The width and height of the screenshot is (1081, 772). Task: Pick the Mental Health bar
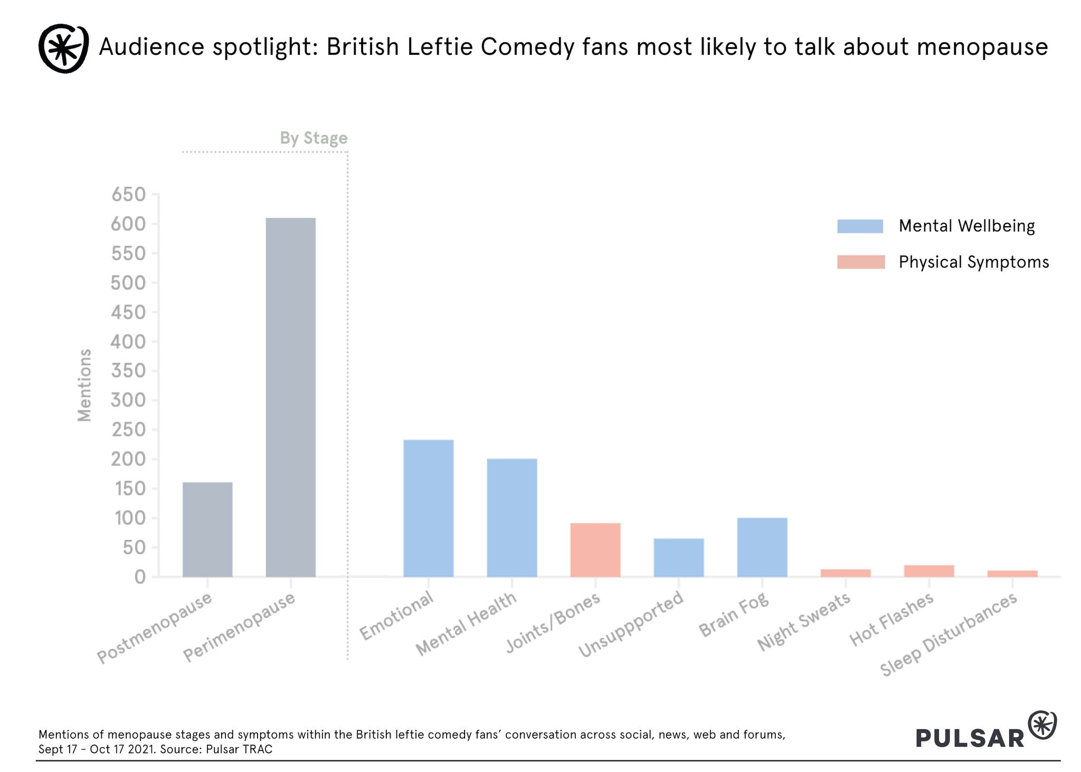(x=511, y=518)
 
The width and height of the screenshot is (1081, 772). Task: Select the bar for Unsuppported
(x=678, y=557)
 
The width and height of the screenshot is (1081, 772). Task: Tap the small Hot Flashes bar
(x=928, y=571)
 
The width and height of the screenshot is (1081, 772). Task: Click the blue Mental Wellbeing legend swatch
(x=860, y=226)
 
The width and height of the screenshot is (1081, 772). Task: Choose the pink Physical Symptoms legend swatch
(x=860, y=262)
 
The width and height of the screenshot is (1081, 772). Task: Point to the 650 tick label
(x=128, y=195)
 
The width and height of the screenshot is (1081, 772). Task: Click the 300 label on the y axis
(x=128, y=401)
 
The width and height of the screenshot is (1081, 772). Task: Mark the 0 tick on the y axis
(x=140, y=577)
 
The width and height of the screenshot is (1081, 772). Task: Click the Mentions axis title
(x=84, y=385)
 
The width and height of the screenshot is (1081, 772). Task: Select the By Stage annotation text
(x=314, y=138)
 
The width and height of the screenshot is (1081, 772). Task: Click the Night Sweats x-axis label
(x=803, y=621)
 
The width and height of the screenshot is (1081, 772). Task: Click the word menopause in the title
(x=982, y=47)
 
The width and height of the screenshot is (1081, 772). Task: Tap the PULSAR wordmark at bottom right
(x=970, y=738)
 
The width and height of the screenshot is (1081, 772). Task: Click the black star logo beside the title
(x=63, y=48)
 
